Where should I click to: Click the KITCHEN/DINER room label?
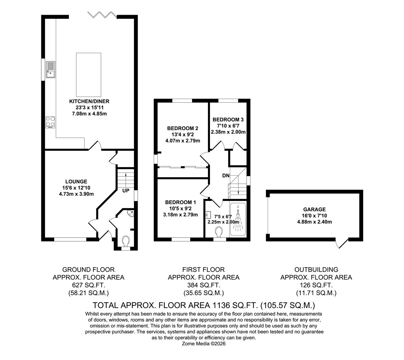coord(89,101)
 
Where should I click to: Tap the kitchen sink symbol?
coord(50,69)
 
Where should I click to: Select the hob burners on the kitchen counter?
coord(50,122)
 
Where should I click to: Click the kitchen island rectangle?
coord(88,74)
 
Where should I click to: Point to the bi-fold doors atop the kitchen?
coord(102,15)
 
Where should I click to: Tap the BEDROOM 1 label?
coord(180,202)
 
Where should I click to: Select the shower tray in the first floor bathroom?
coord(238,220)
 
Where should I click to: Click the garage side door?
coord(342,243)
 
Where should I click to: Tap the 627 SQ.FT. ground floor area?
coord(88,285)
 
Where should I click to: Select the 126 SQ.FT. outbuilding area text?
coord(316,285)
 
